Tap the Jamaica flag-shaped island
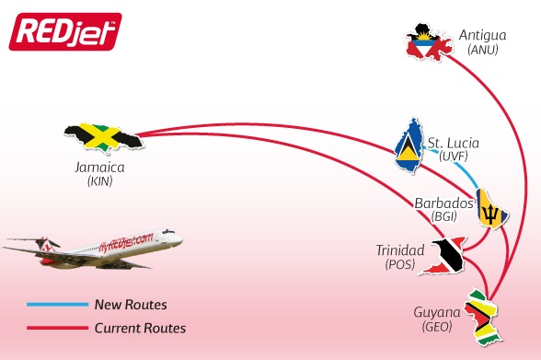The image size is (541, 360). coord(106,139)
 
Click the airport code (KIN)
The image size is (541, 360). coord(99,182)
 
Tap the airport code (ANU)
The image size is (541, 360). coord(482,50)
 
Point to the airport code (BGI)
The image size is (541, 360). coord(443,216)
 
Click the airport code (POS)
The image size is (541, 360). coord(400,264)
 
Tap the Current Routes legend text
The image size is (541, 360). coord(140,328)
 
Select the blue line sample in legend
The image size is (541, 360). coord(54,304)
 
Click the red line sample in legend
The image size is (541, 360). coord(54,328)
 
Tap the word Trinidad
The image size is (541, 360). coord(400,250)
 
